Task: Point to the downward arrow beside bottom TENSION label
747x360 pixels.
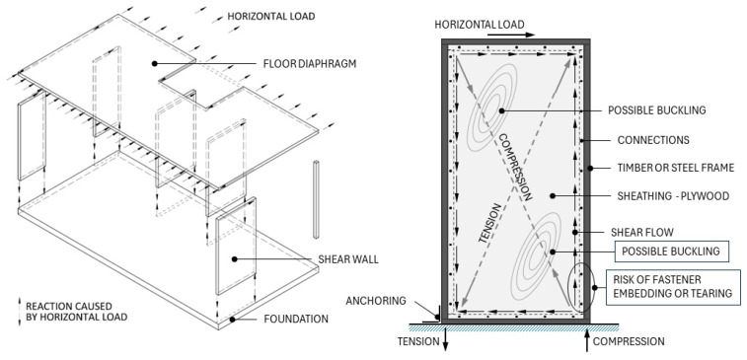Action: coord(445,338)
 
